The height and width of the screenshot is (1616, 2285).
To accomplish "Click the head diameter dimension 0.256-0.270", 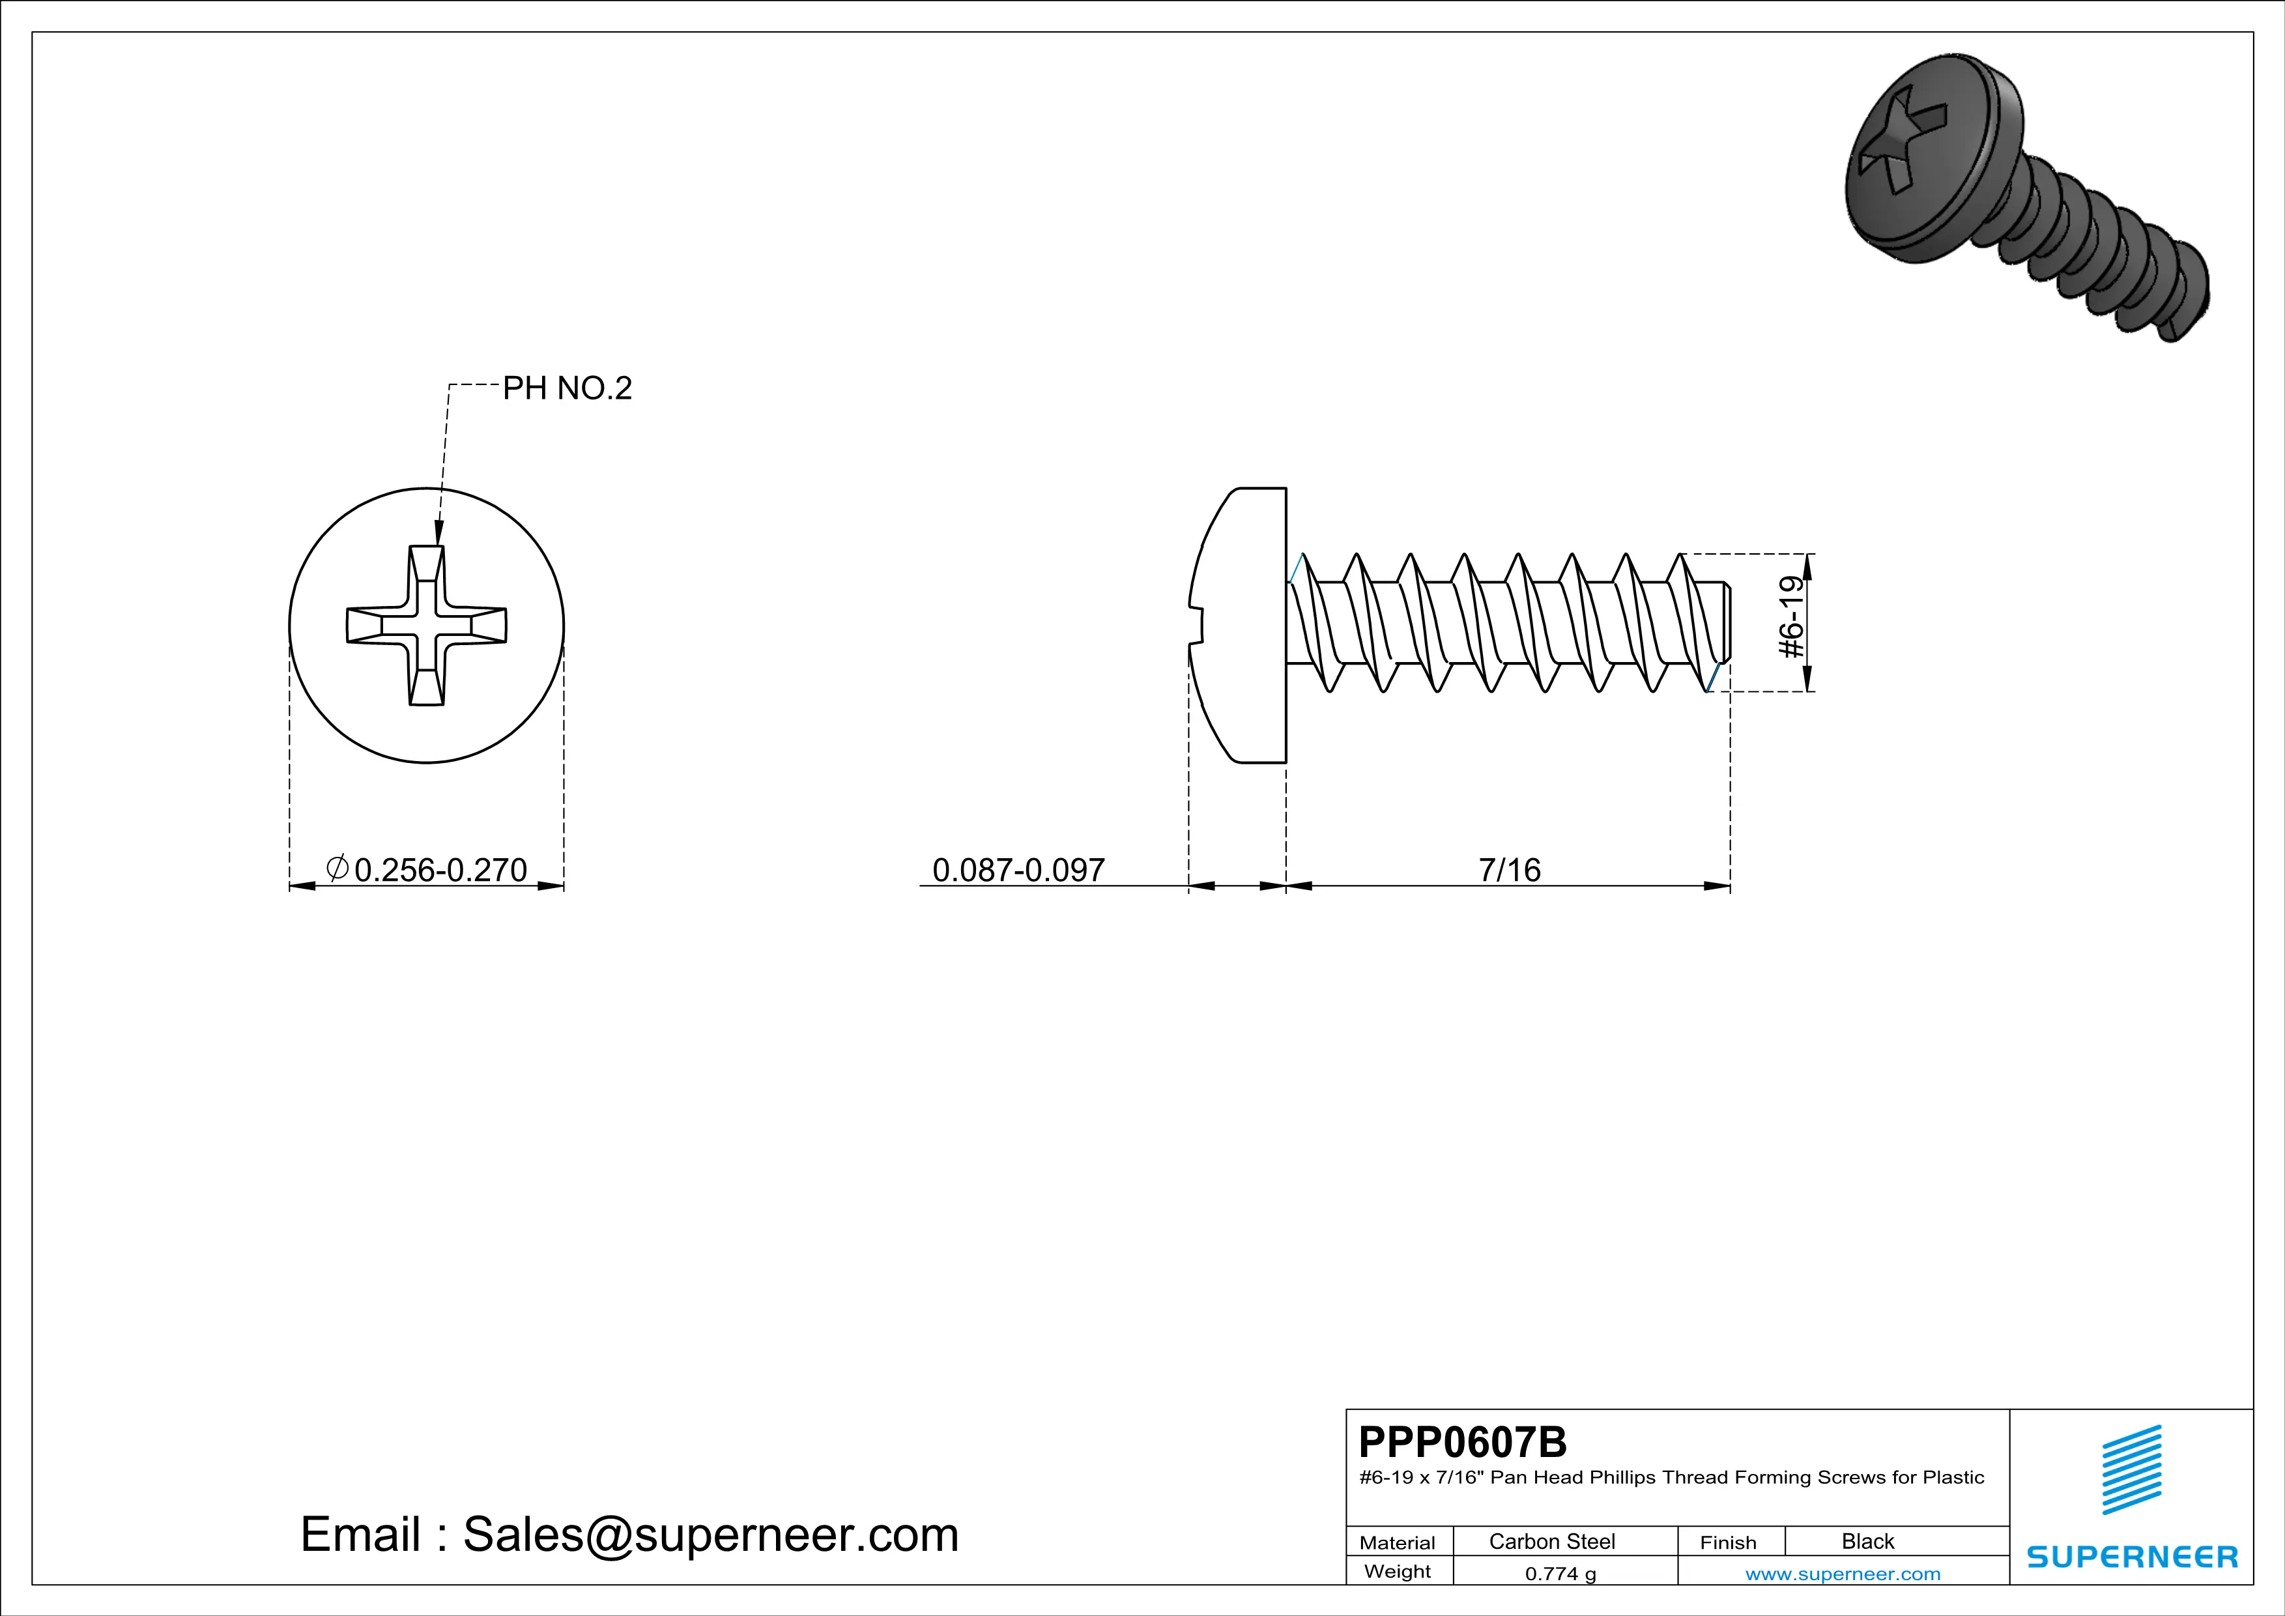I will (440, 870).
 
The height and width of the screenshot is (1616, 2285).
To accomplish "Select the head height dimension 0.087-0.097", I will (1018, 870).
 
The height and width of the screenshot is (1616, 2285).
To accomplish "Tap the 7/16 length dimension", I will (1509, 870).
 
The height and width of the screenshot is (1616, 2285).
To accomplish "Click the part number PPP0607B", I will (1462, 1441).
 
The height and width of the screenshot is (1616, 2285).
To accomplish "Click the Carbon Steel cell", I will (1551, 1541).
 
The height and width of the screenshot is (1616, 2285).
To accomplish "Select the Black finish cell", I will (1867, 1541).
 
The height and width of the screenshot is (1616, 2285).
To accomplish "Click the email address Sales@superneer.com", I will (710, 1535).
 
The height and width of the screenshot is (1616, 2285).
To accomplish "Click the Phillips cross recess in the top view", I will (426, 625).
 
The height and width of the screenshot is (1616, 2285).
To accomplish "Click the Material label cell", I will (1398, 1542).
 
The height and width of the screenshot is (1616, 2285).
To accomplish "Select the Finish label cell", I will (1728, 1542).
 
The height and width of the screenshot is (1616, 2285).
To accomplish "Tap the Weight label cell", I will (1398, 1571).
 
